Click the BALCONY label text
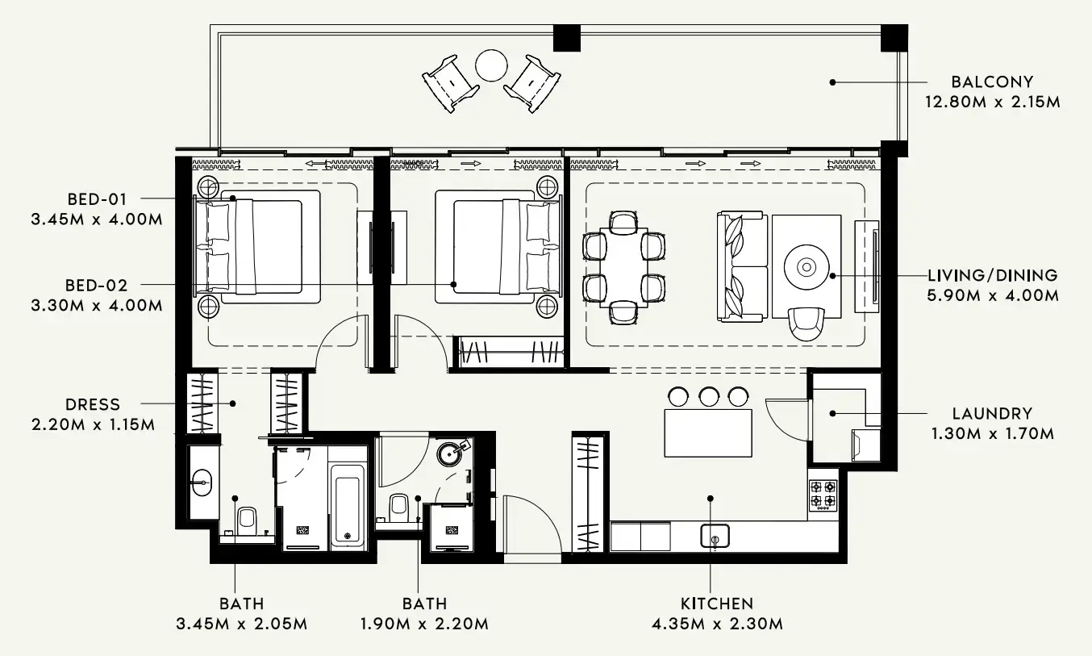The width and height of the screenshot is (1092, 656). pos(991,81)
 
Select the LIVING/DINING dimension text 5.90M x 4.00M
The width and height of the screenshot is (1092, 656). pos(993,296)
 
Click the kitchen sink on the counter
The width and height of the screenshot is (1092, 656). pos(715,534)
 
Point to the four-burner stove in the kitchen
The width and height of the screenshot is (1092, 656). pos(823,495)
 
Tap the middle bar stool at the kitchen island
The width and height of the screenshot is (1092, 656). pos(708,396)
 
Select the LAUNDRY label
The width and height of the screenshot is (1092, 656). pos(992,413)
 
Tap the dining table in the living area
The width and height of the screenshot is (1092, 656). pos(624,267)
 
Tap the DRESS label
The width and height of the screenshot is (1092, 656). pos(92,404)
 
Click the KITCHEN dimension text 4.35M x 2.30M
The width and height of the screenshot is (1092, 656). pos(716,624)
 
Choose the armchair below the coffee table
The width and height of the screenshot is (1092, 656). pos(806,323)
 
